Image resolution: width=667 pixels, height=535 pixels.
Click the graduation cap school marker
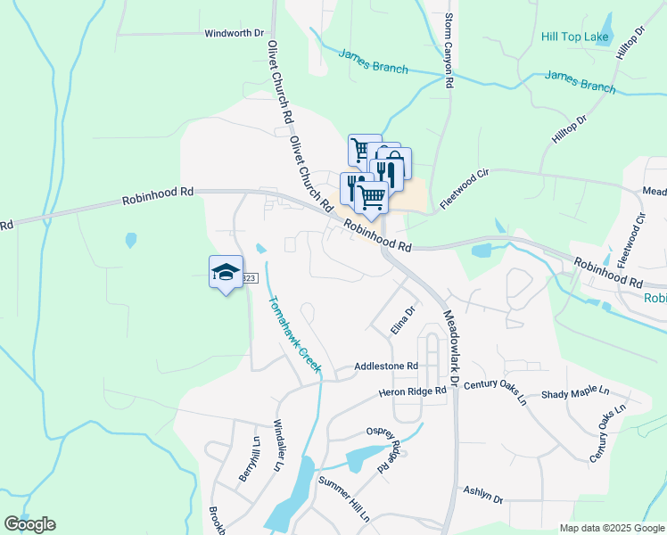tap(226, 272)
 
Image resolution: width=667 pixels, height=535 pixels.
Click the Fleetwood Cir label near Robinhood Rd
tap(465, 187)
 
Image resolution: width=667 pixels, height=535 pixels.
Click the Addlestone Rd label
tap(386, 366)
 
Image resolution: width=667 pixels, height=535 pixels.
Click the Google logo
tap(29, 524)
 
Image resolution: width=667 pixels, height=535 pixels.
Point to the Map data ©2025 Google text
tap(612, 528)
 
